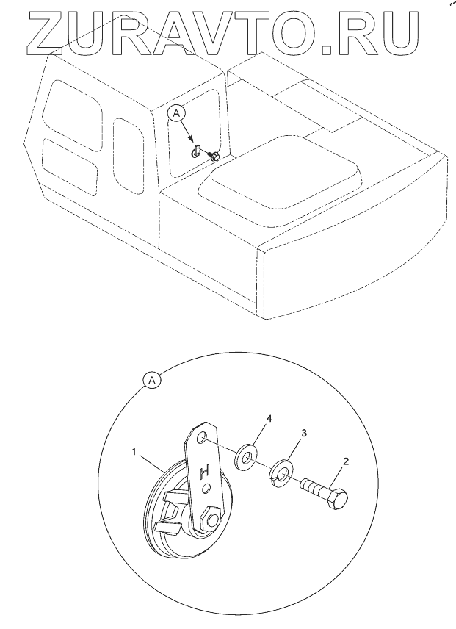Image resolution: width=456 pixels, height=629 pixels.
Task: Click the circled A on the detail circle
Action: click(151, 381)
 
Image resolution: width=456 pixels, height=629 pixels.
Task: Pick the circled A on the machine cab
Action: click(175, 112)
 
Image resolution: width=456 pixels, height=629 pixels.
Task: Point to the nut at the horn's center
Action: click(211, 520)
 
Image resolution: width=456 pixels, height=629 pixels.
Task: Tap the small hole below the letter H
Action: click(209, 488)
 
